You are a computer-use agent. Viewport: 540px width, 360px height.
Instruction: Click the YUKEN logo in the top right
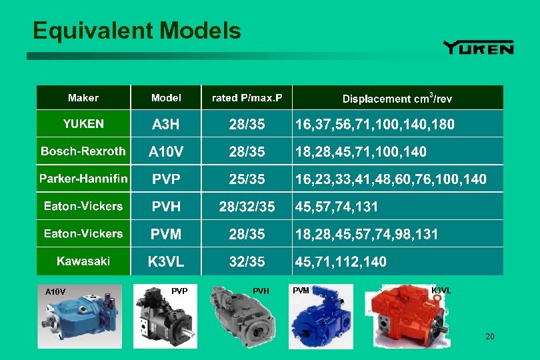(x=478, y=47)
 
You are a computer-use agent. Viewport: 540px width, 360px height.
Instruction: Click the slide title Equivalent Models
(x=137, y=31)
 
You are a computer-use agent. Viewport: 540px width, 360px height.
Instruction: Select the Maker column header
(x=83, y=98)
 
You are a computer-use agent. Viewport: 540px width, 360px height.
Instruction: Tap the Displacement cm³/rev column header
(x=397, y=99)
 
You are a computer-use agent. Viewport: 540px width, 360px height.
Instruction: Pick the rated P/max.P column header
(x=247, y=98)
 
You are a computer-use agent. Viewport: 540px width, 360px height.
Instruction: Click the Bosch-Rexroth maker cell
(x=83, y=151)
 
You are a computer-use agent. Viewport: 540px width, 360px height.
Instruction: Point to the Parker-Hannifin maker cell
(x=83, y=179)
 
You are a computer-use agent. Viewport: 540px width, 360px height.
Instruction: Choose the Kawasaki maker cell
(x=83, y=261)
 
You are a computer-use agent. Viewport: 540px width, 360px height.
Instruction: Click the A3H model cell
(x=166, y=124)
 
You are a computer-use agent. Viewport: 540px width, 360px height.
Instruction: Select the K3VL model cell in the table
(x=166, y=261)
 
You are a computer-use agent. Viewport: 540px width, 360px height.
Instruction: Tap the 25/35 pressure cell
(x=247, y=179)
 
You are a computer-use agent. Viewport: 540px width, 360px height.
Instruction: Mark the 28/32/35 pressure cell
(x=247, y=207)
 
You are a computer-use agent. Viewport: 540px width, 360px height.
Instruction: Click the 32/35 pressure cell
(x=247, y=261)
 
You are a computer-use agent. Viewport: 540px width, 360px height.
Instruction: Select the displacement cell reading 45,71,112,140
(x=340, y=261)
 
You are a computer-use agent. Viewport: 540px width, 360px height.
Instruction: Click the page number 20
(x=490, y=337)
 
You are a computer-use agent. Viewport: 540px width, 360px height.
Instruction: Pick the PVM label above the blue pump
(x=301, y=290)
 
